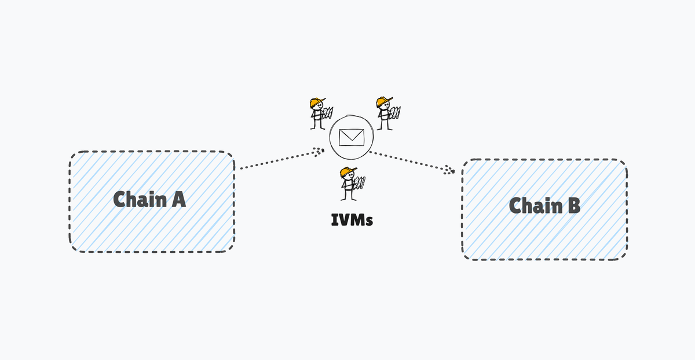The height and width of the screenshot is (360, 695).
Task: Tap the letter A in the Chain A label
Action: click(x=178, y=199)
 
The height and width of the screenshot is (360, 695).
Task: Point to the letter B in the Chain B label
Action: click(x=573, y=206)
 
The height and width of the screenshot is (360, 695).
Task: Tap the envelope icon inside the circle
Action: click(x=351, y=137)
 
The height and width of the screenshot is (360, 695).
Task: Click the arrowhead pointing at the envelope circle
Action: click(x=319, y=151)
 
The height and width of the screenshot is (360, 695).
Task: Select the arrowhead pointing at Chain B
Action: click(x=449, y=170)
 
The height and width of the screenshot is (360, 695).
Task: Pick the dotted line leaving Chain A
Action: click(x=278, y=160)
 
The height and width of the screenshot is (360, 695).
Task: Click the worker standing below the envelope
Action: click(x=349, y=184)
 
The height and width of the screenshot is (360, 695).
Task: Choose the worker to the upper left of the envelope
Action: click(x=318, y=113)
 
